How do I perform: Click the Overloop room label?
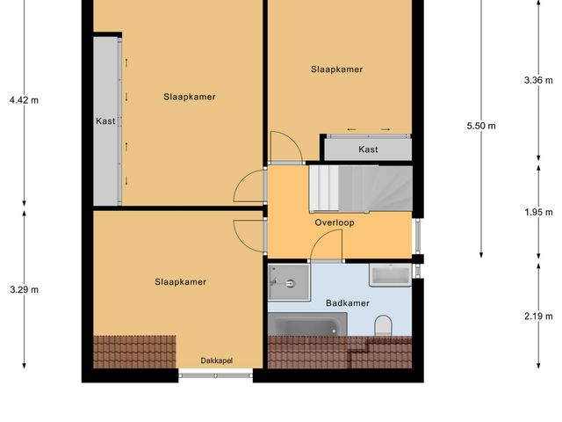[335, 223]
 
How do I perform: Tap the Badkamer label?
[347, 303]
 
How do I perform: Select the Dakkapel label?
[216, 360]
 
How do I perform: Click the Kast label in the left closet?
[105, 121]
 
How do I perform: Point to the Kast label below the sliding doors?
[369, 149]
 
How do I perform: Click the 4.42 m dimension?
[25, 100]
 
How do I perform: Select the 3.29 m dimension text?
[25, 289]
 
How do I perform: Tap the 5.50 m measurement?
[481, 126]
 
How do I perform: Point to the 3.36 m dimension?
[537, 80]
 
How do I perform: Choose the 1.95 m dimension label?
[537, 212]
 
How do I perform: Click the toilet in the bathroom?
[383, 327]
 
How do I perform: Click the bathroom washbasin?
[390, 275]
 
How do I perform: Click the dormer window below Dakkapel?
[216, 375]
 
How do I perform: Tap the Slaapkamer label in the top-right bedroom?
[336, 69]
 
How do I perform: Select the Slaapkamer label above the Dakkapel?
[180, 282]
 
